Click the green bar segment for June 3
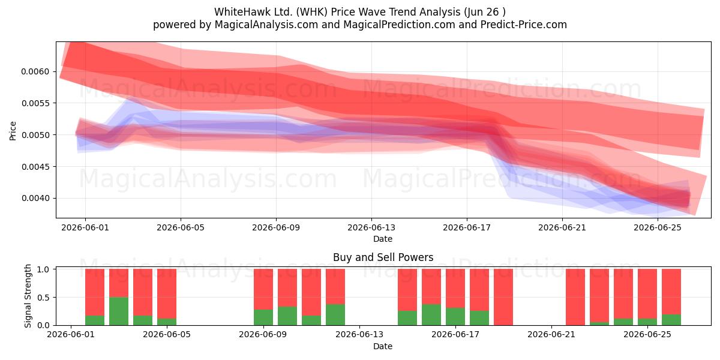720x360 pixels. (119, 311)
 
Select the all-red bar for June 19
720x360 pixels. (503, 297)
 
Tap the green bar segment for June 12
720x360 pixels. (335, 314)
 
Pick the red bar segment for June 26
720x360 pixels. (671, 292)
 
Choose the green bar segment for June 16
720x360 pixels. (431, 314)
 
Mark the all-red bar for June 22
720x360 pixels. (575, 297)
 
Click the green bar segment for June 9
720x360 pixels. (263, 317)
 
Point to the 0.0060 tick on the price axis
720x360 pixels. (35, 71)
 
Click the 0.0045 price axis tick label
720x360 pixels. (35, 167)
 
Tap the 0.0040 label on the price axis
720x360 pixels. (35, 198)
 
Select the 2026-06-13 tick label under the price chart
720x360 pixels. (371, 227)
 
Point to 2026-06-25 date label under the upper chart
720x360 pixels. (658, 227)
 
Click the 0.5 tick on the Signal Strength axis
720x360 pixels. (43, 298)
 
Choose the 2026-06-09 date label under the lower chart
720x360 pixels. (263, 334)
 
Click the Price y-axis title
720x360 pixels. (13, 131)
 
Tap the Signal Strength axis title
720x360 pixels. (28, 296)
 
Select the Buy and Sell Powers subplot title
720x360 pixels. (383, 257)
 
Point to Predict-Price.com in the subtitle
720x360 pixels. (524, 25)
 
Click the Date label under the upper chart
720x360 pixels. (383, 239)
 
